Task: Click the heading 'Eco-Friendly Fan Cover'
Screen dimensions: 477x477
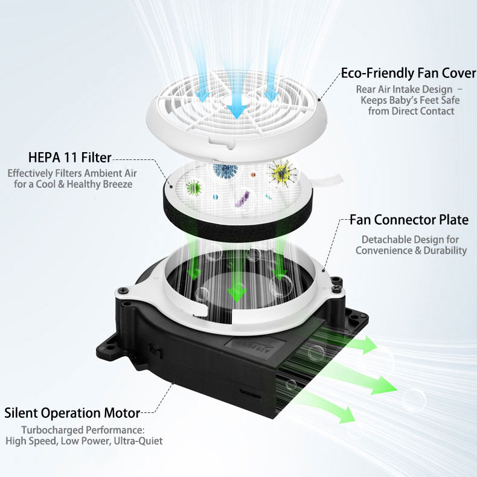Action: [408, 73]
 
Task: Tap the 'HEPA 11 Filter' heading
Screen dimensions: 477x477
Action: [70, 158]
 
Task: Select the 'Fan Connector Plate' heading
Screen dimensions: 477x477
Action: [409, 220]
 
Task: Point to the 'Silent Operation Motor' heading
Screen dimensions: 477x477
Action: [72, 413]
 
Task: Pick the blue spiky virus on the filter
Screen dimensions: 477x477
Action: [225, 171]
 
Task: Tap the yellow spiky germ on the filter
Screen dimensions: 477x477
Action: [283, 173]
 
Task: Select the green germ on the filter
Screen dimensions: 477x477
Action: [194, 187]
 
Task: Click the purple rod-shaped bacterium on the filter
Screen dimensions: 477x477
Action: [243, 199]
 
